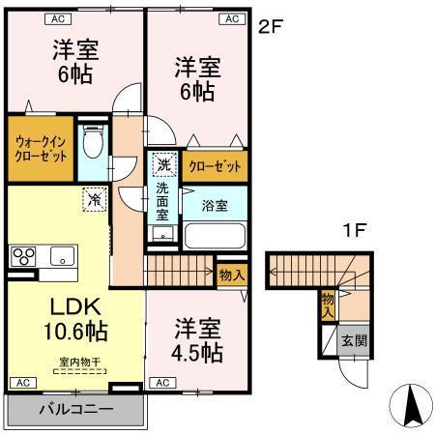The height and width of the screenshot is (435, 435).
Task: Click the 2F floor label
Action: click(x=270, y=26)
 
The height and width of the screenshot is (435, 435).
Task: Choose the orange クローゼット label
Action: click(x=216, y=166)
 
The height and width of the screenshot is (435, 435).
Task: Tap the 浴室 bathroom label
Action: click(x=215, y=205)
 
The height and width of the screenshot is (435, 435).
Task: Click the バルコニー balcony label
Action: click(x=75, y=409)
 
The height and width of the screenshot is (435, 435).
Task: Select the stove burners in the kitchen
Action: click(x=22, y=257)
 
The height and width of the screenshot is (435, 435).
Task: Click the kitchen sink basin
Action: click(x=61, y=256)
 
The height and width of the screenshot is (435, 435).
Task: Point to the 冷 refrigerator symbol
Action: click(x=95, y=200)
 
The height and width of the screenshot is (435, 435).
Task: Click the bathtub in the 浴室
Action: click(x=215, y=237)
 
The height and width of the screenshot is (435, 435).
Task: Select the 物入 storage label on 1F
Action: click(x=329, y=304)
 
